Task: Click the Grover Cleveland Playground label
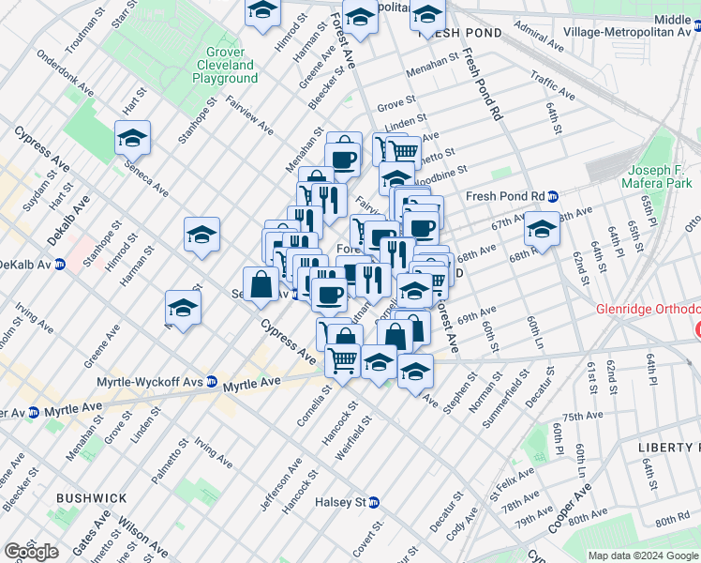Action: click(x=225, y=66)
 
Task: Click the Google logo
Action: click(x=31, y=552)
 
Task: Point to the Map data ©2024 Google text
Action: click(x=642, y=555)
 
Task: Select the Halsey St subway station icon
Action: click(x=374, y=503)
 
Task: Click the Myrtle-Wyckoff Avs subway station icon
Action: click(x=213, y=383)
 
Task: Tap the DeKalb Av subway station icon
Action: click(x=59, y=265)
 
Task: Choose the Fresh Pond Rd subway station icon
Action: click(x=553, y=196)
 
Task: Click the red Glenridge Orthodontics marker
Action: click(x=698, y=329)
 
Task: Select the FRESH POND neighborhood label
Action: click(x=462, y=33)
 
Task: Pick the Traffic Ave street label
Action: click(x=551, y=86)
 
